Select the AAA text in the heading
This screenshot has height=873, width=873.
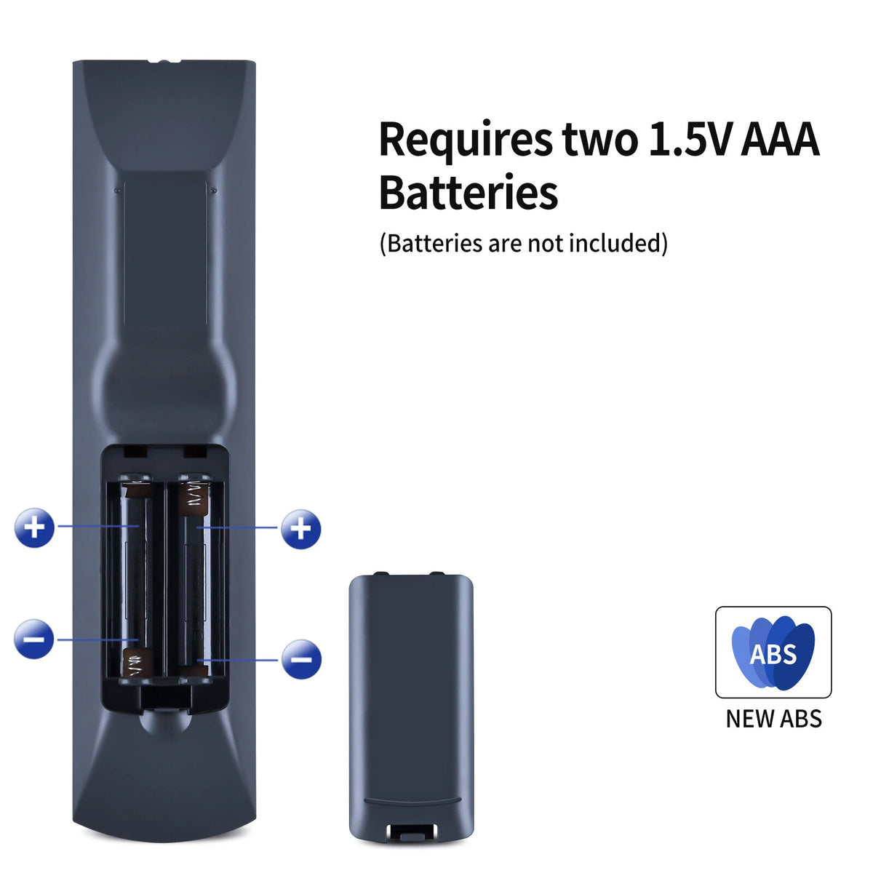click(x=780, y=139)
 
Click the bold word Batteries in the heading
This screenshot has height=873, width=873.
click(x=469, y=192)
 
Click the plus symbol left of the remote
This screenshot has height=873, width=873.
click(x=34, y=527)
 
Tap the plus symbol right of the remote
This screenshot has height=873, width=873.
click(x=300, y=529)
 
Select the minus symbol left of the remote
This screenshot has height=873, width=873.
click(x=34, y=639)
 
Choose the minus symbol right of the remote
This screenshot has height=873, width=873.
click(x=301, y=659)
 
